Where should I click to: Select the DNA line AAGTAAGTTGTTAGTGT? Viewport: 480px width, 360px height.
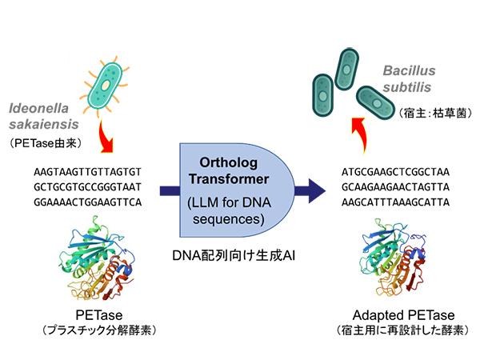88,171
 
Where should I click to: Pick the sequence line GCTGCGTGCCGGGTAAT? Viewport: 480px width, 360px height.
88,186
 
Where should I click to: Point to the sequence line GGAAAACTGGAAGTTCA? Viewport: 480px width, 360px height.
88,201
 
